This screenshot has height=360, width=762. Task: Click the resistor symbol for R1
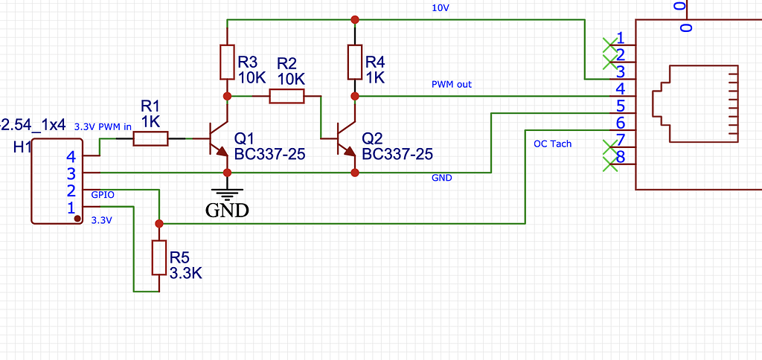(150, 138)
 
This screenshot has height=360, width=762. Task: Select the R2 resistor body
(286, 96)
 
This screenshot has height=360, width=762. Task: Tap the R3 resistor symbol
(228, 62)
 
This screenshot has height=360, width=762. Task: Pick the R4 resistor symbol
(355, 62)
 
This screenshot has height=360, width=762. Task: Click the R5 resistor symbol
(159, 257)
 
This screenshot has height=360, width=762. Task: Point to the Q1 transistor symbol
(218, 139)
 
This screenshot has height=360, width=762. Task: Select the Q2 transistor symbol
(345, 139)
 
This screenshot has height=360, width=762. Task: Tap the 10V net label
(441, 8)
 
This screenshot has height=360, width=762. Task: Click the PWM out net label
(452, 85)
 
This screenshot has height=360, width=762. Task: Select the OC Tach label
(552, 144)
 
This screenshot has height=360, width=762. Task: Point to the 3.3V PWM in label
(103, 126)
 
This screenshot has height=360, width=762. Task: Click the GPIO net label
(103, 194)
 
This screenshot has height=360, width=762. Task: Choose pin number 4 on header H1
(71, 157)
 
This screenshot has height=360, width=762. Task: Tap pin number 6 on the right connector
(621, 123)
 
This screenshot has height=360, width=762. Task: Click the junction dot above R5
(159, 223)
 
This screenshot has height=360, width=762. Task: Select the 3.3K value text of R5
(186, 273)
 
